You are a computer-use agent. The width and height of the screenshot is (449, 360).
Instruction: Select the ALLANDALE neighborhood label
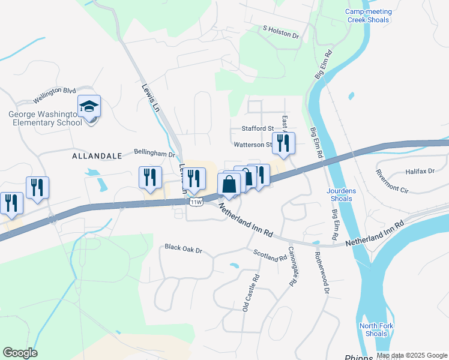pyautogui.click(x=97, y=156)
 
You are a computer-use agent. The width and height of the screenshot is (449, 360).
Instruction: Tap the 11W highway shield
pyautogui.click(x=196, y=202)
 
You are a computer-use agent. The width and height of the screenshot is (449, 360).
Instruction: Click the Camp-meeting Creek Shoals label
pyautogui.click(x=369, y=16)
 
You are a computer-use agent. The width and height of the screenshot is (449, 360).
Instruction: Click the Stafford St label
pyautogui.click(x=258, y=128)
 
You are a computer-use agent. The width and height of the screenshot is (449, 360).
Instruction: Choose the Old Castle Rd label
pyautogui.click(x=250, y=292)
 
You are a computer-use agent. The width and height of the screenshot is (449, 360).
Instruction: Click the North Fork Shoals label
pyautogui.click(x=373, y=329)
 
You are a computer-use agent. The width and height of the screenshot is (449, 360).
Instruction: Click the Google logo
pyautogui.click(x=20, y=353)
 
